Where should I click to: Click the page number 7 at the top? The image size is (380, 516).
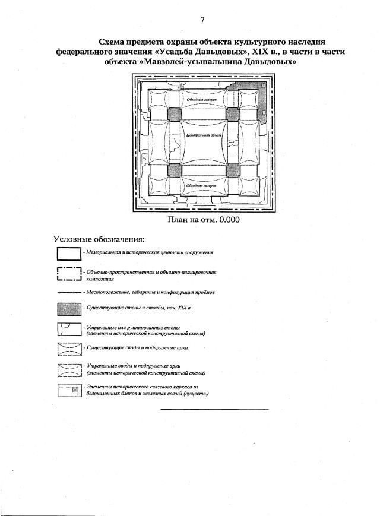[202, 20]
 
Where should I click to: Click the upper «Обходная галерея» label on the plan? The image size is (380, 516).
[201, 100]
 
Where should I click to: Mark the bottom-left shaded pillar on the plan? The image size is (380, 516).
[174, 170]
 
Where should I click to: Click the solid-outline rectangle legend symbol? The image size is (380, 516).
[68, 254]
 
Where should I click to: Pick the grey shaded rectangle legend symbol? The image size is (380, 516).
[68, 309]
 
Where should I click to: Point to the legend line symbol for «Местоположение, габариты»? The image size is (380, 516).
[68, 293]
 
